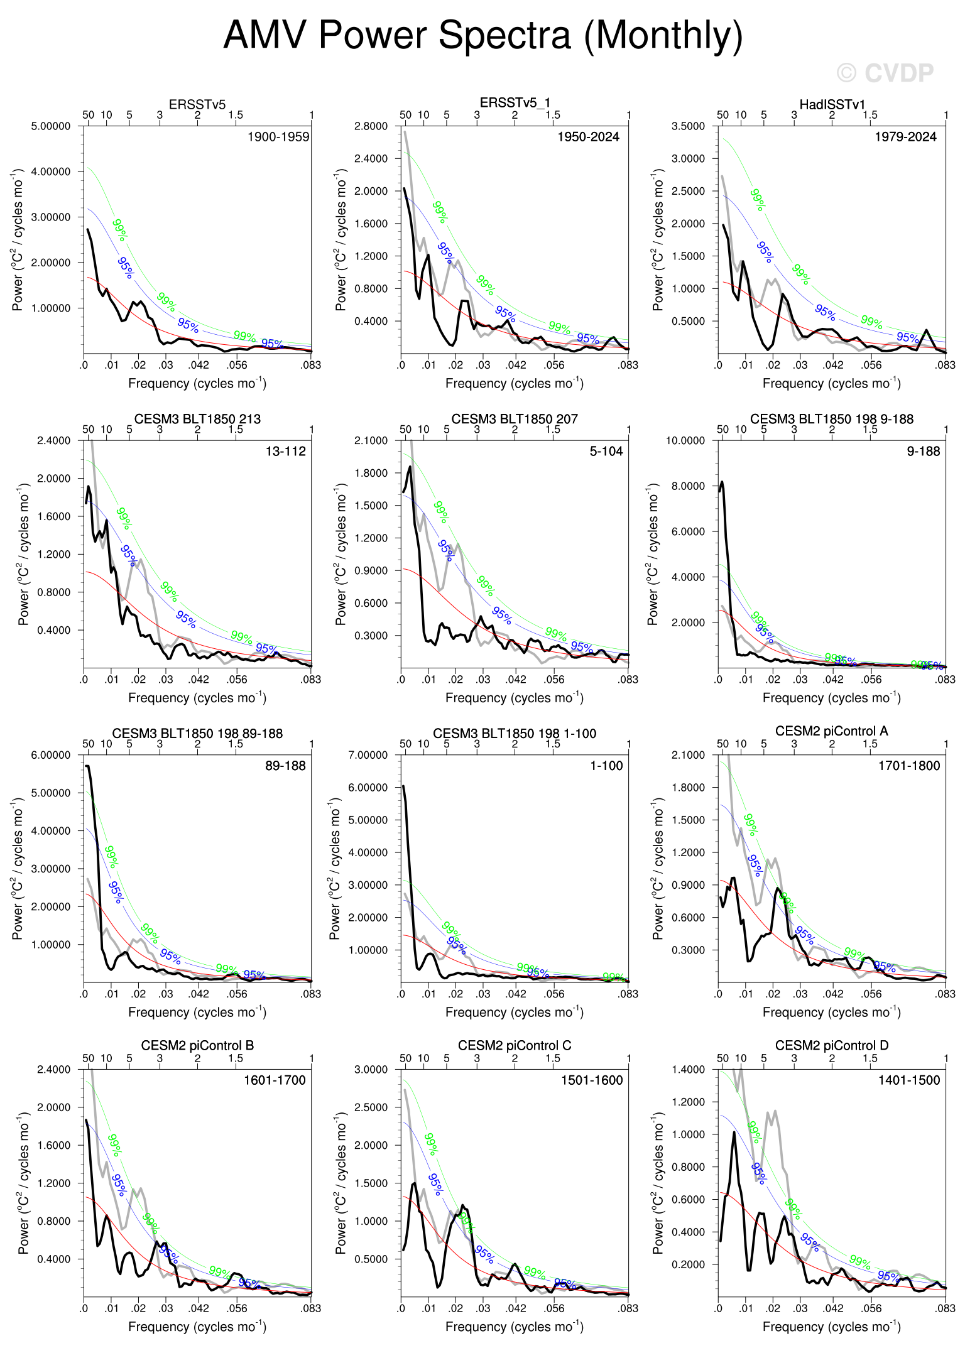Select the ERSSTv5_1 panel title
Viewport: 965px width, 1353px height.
point(515,103)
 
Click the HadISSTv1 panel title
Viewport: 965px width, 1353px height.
point(832,104)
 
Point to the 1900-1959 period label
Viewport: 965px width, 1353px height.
point(278,137)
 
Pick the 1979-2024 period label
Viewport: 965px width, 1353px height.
point(905,137)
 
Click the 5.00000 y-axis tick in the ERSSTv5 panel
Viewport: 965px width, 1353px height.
point(51,126)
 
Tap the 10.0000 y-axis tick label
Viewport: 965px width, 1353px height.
point(685,441)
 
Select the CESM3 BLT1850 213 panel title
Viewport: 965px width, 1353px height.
point(197,419)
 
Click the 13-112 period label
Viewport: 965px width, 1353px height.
point(285,452)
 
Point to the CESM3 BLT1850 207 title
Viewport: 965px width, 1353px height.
point(515,419)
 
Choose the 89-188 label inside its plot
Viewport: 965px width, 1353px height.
point(285,766)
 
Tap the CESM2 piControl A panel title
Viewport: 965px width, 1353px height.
point(832,731)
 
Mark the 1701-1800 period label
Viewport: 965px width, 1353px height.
point(909,766)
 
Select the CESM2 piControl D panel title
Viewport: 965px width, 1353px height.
point(832,1046)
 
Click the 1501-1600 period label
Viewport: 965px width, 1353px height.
point(592,1080)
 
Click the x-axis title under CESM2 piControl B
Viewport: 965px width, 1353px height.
point(197,1327)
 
